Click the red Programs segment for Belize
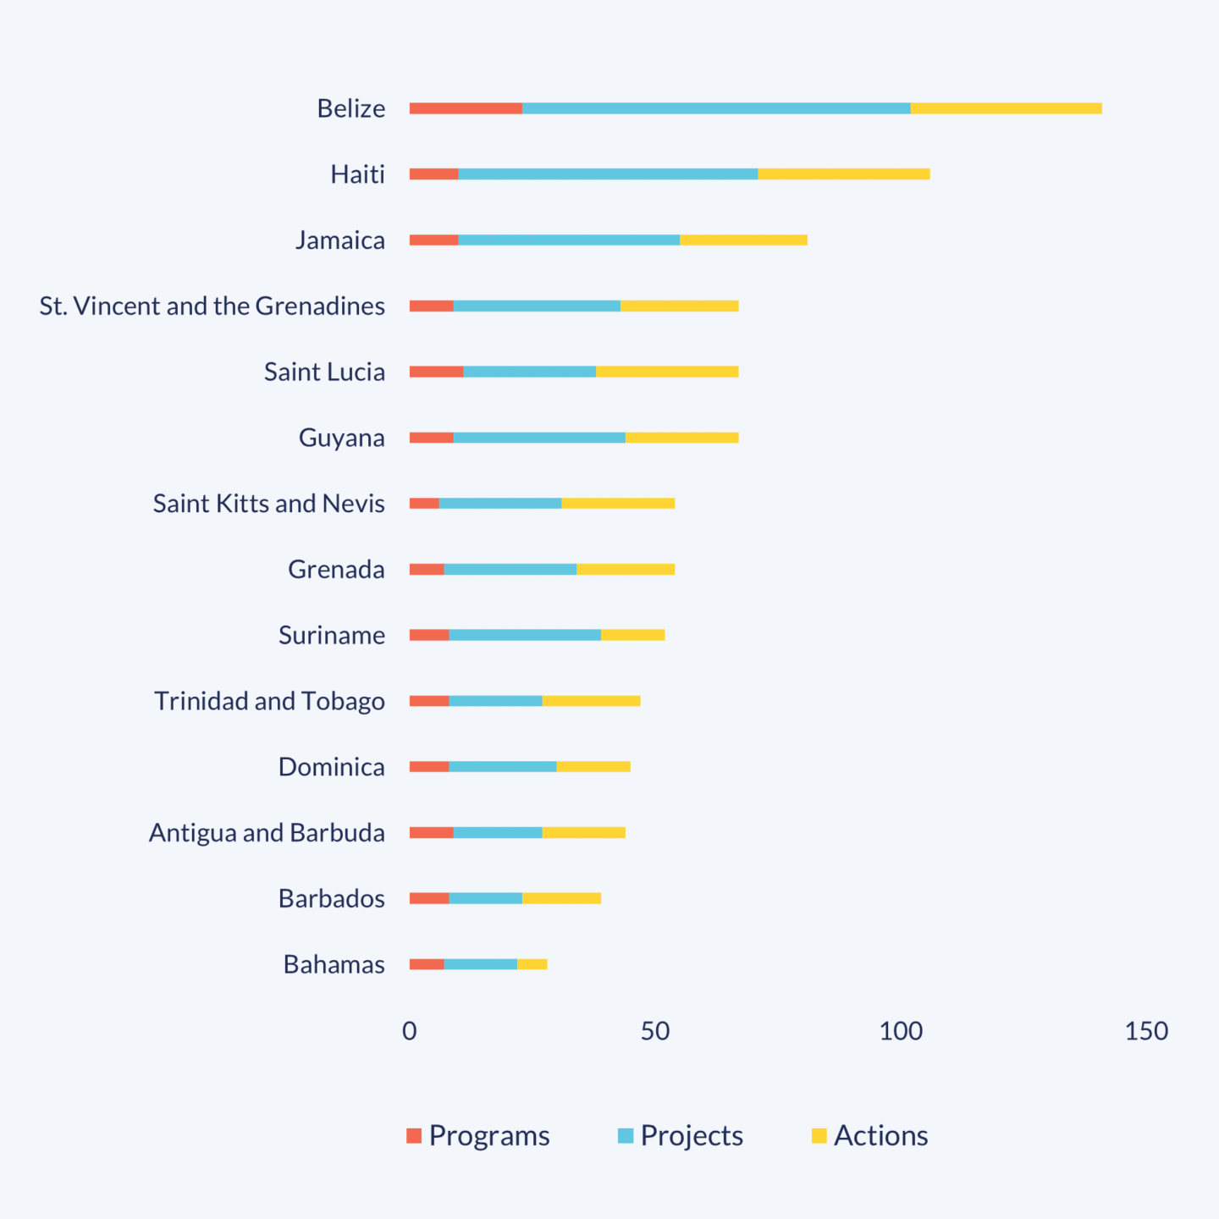tap(466, 108)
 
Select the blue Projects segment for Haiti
tap(608, 174)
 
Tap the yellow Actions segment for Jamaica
tap(743, 240)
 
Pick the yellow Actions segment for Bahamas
tap(532, 964)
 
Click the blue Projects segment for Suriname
tap(525, 635)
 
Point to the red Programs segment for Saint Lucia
tap(436, 372)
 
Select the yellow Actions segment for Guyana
tap(681, 438)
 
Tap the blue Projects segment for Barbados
tap(485, 898)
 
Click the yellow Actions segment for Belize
tap(1006, 108)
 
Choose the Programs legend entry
tap(478, 1136)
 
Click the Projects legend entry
tap(681, 1136)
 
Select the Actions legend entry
tap(869, 1136)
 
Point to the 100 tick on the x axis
tap(901, 1031)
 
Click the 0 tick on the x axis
tap(410, 1031)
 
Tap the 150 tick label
tap(1146, 1031)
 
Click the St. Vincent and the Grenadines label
tap(212, 306)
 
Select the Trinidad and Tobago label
tap(269, 701)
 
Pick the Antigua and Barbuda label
tap(267, 833)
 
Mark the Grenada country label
tap(336, 570)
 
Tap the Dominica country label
tap(331, 767)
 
